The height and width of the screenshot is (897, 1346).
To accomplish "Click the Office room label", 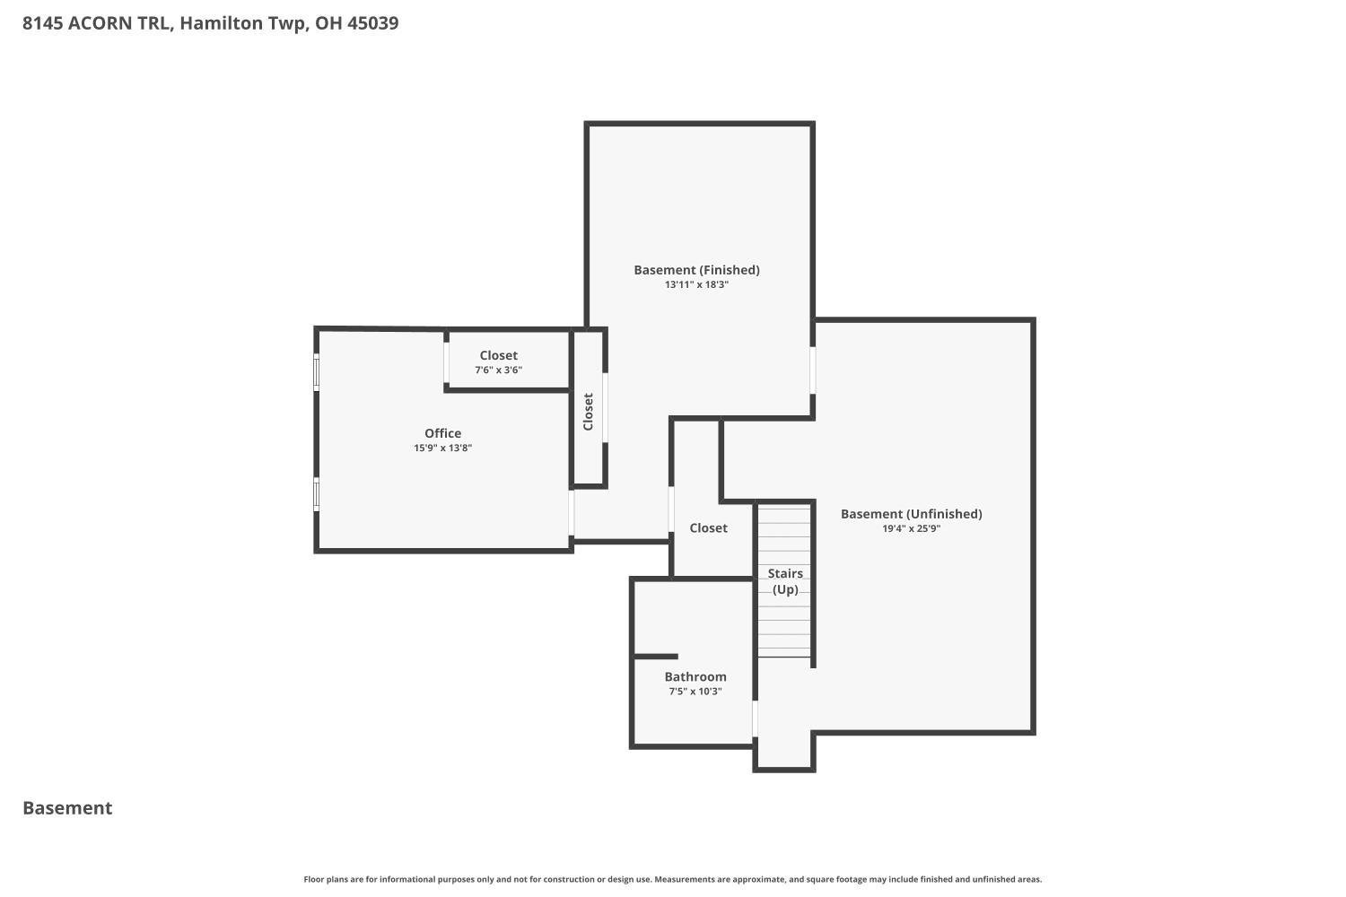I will click(442, 433).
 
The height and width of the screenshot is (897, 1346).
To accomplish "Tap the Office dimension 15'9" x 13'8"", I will click(442, 448).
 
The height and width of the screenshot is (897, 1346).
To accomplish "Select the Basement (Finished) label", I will click(696, 270).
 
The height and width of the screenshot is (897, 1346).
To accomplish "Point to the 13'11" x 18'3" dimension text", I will click(696, 284).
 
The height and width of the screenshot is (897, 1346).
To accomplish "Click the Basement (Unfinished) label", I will click(911, 514).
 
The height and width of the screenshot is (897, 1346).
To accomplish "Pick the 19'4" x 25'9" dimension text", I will click(911, 528).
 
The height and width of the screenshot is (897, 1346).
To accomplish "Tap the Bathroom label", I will click(695, 677).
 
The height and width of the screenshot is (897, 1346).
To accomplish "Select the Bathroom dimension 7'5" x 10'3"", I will click(695, 692).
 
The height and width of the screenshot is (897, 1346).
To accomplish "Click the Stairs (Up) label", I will click(785, 581).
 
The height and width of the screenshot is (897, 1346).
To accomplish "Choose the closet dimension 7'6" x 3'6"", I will click(498, 370).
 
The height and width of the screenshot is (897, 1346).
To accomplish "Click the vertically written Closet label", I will click(589, 412).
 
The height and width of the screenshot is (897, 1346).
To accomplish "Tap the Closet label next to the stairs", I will click(708, 528).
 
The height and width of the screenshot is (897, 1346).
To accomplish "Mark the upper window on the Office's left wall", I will click(316, 372).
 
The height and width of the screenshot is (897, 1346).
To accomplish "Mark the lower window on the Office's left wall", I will click(316, 494).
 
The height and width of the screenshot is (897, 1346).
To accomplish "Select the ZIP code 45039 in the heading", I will click(372, 23).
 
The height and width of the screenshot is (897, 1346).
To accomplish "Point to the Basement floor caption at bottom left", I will click(67, 808).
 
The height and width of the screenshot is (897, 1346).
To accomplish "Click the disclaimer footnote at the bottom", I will click(673, 880).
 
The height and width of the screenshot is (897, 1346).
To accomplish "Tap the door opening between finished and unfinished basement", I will click(813, 370).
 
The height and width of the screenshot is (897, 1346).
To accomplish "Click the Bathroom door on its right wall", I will click(755, 718).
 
